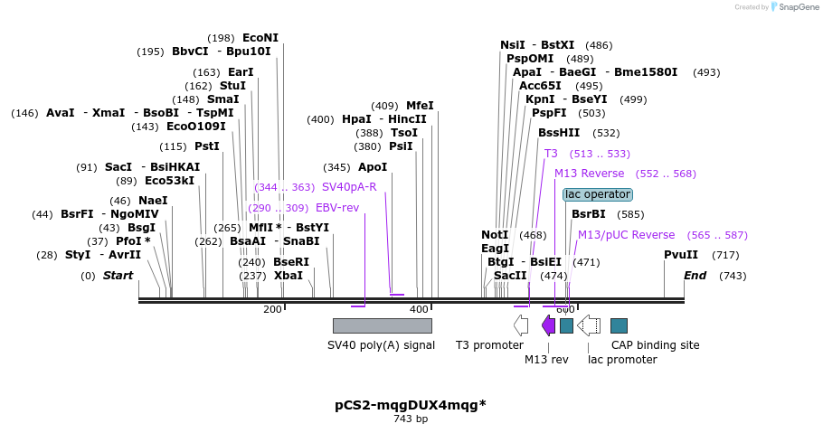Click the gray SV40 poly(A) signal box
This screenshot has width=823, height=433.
point(382,325)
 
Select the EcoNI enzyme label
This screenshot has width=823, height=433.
point(260,38)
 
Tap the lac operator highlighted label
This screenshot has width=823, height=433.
point(597,194)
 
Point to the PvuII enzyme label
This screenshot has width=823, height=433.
point(681,255)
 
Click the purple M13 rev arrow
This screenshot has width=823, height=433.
point(548,325)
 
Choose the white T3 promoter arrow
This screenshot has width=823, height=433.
point(521,325)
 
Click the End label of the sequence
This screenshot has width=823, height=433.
point(695,276)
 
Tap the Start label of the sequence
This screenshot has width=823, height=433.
point(118,276)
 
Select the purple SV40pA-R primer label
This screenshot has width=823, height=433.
point(349,187)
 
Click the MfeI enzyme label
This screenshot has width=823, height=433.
point(420,106)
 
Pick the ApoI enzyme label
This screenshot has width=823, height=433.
point(373,167)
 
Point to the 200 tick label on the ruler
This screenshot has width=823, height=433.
point(272,310)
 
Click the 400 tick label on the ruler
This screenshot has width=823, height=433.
point(419,310)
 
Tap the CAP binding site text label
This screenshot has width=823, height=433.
point(655,345)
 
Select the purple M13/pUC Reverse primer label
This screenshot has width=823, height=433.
point(626,235)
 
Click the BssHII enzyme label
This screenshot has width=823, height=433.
point(559,133)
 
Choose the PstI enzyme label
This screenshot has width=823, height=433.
point(207,146)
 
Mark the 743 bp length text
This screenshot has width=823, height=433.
point(411,419)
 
